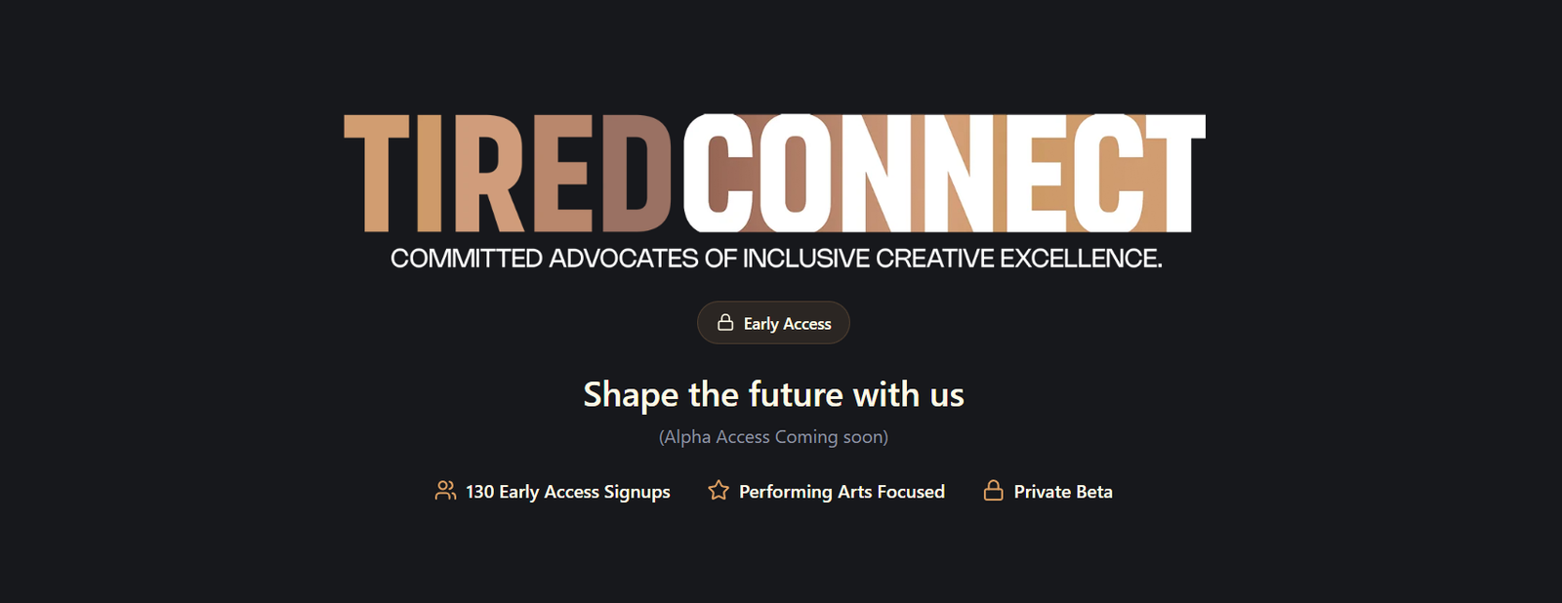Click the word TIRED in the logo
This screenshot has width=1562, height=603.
507,173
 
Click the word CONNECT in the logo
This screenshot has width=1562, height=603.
944,173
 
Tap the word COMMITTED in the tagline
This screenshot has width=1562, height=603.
466,259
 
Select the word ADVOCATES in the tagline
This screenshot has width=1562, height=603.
624,259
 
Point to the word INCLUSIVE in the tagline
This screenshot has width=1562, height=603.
805,259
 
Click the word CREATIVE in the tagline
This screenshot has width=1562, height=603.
934,259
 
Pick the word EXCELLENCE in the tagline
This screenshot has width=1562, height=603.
1081,259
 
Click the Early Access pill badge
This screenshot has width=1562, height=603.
773,323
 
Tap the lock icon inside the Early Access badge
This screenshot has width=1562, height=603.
725,323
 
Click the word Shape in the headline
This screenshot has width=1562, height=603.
631,395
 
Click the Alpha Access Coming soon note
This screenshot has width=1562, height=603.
773,437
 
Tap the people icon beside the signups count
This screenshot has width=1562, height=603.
445,491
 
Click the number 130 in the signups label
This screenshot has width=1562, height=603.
479,492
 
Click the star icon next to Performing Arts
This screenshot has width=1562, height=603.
719,491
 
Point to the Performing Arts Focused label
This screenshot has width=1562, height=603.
842,492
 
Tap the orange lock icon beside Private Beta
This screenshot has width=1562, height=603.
994,491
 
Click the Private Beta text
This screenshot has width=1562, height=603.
1063,492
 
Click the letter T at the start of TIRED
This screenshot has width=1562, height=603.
377,173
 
